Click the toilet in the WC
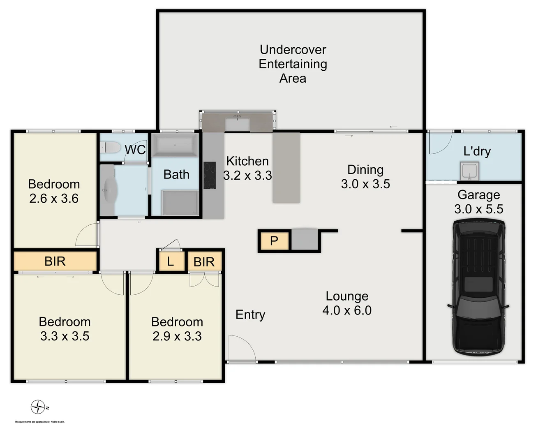[x=110, y=147]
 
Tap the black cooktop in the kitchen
[x=210, y=175]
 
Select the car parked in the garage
[x=478, y=287]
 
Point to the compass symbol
[x=38, y=407]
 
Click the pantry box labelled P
[x=274, y=241]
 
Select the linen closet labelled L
[x=170, y=261]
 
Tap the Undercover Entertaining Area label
[x=293, y=64]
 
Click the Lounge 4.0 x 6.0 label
[x=347, y=303]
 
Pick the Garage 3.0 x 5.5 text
[x=478, y=202]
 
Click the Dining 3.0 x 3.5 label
[x=365, y=177]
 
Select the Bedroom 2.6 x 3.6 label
[x=54, y=191]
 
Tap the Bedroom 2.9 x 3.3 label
[x=177, y=329]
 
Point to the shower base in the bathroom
[x=180, y=202]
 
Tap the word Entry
[x=250, y=315]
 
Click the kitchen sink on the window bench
[x=237, y=124]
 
